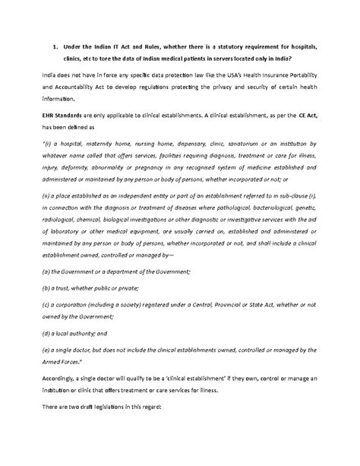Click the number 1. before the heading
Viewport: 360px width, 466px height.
point(55,48)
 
